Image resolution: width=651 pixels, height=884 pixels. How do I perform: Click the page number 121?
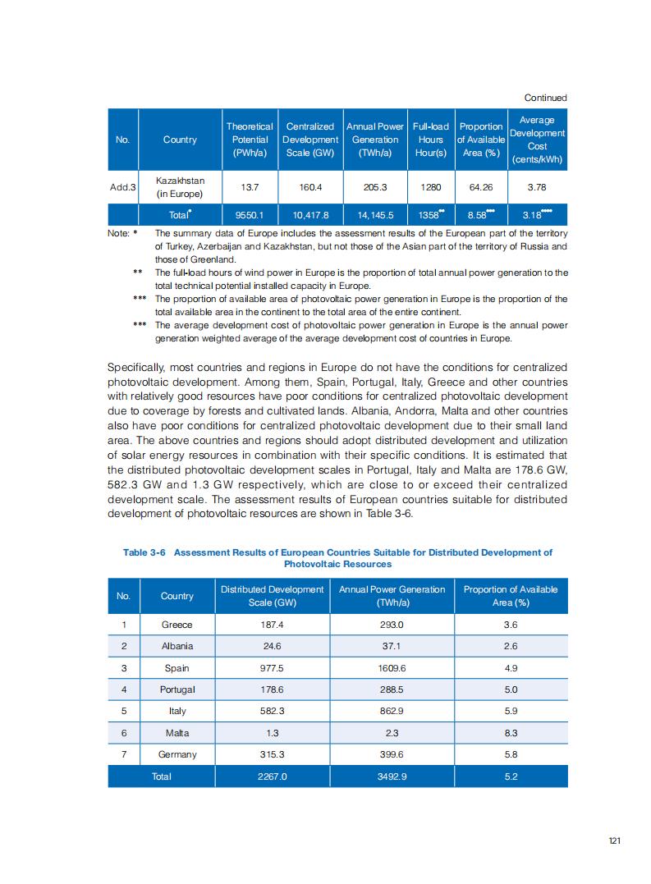click(614, 840)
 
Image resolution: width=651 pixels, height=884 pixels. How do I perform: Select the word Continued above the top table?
click(547, 98)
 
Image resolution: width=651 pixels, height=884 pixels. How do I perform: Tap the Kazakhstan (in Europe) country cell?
click(179, 187)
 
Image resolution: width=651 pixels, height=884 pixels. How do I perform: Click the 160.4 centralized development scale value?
click(310, 187)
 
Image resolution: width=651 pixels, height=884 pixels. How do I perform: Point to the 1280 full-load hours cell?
click(430, 187)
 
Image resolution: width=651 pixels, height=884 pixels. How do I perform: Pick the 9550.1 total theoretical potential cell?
click(250, 216)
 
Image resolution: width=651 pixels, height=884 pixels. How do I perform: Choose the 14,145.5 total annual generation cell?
click(374, 216)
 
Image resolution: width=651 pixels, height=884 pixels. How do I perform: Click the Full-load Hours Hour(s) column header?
click(430, 140)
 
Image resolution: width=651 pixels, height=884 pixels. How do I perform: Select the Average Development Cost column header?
click(537, 140)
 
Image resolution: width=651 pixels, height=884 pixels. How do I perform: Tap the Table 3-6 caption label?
click(144, 552)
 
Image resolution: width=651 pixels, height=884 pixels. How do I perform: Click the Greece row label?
click(177, 625)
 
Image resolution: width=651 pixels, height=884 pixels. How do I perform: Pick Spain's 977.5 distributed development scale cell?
click(272, 668)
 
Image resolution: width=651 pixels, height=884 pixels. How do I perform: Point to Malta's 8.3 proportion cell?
click(510, 733)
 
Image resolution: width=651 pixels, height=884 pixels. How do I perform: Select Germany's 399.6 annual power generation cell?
click(392, 754)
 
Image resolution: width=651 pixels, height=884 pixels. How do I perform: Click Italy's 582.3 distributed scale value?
click(272, 711)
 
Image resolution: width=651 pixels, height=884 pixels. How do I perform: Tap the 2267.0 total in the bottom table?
click(272, 776)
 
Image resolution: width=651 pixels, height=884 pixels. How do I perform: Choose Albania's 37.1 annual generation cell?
click(392, 646)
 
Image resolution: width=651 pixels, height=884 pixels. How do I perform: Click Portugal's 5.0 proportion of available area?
click(510, 689)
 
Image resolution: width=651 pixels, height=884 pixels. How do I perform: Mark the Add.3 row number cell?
click(122, 187)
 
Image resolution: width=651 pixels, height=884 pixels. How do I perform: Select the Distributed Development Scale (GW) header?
click(272, 596)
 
